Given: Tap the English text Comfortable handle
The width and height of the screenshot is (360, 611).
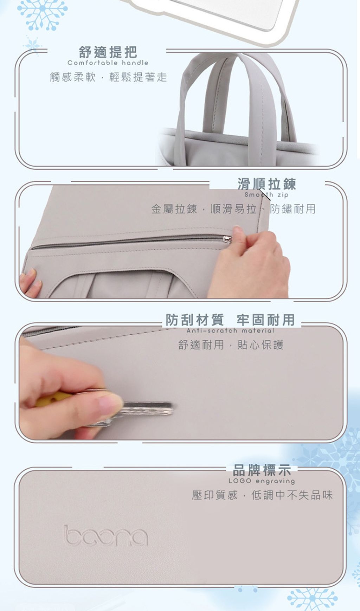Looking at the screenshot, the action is [x=108, y=63].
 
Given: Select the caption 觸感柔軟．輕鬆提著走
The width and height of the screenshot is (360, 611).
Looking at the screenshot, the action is [x=108, y=77].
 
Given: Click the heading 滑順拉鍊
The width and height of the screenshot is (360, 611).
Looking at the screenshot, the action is [x=266, y=184].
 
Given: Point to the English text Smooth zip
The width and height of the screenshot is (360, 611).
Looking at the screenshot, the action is [x=266, y=195].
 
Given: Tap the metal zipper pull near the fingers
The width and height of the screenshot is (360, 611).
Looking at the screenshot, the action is [x=227, y=239].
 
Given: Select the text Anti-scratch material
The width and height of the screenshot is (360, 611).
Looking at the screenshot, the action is [x=230, y=331].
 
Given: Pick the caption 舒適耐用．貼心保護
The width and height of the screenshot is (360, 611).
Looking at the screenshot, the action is [x=231, y=345].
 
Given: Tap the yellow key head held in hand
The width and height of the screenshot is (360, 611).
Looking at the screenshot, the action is [x=49, y=400].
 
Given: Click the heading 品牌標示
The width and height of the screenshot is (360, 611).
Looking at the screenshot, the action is [x=262, y=470].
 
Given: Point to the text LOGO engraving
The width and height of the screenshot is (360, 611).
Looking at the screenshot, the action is [x=262, y=481].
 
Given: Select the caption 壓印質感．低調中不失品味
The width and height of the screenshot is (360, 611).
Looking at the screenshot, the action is [x=262, y=495].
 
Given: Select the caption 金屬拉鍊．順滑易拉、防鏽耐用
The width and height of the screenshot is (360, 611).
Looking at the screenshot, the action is [x=233, y=209].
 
